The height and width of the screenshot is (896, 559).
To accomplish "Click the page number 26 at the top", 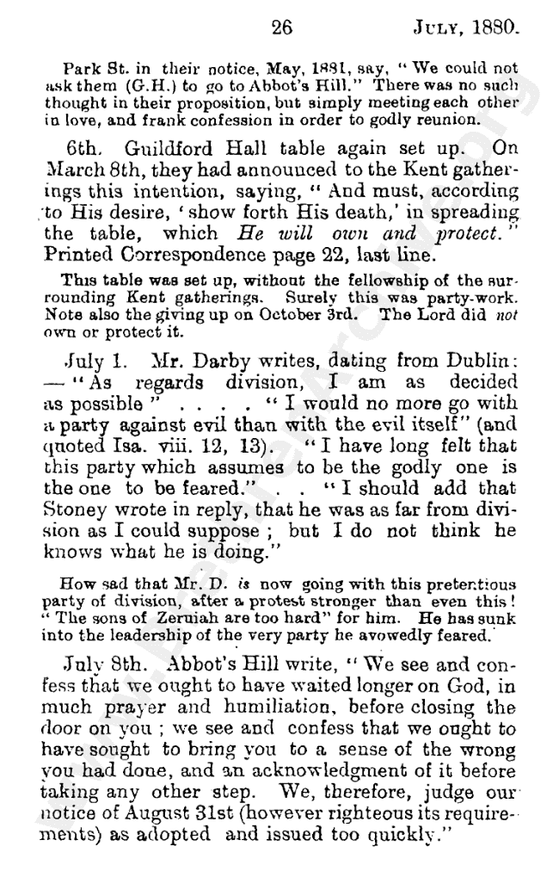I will (x=281, y=28).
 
